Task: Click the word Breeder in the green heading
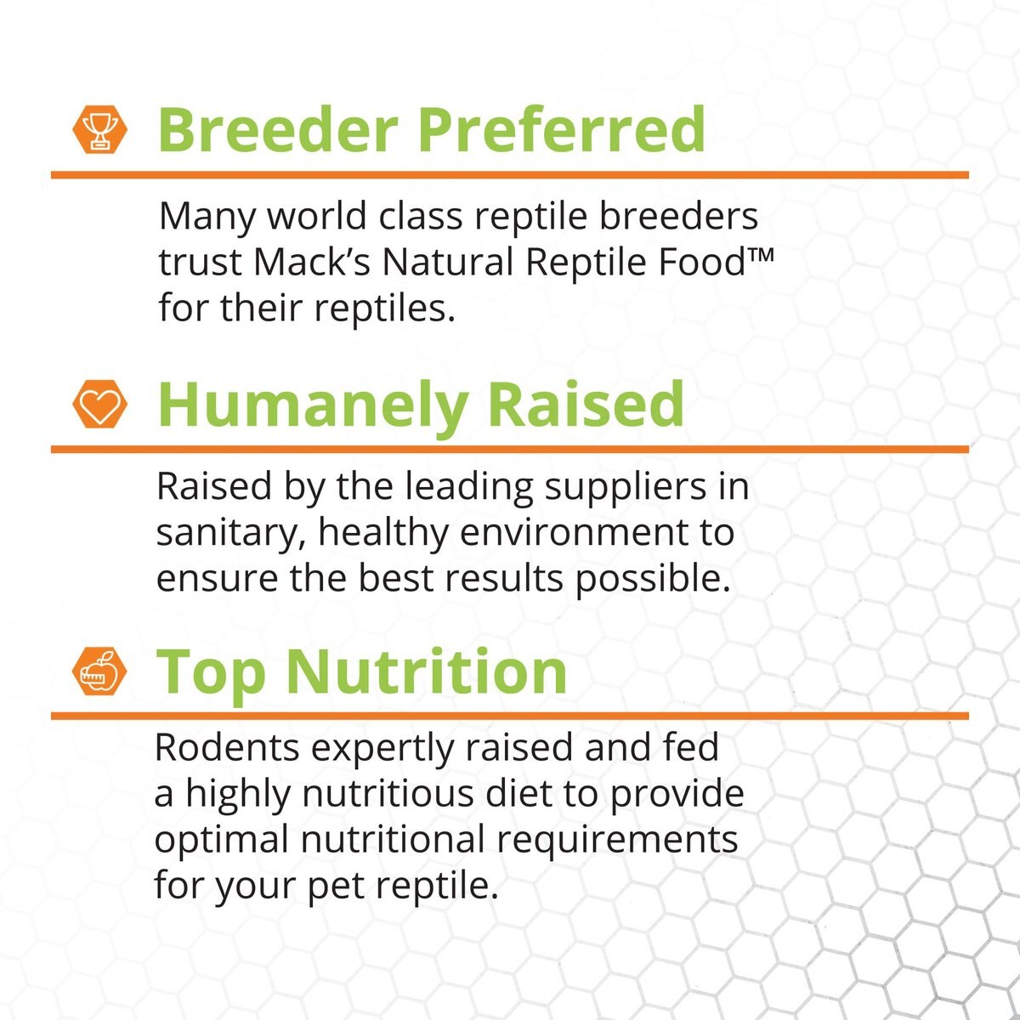click(278, 130)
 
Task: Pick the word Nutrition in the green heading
click(427, 672)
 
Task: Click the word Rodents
click(227, 748)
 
